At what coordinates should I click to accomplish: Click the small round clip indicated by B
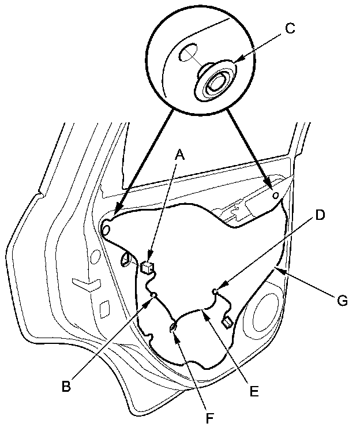click(x=153, y=296)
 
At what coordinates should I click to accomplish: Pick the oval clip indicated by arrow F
click(x=172, y=328)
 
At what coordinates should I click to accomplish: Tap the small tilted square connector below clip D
click(x=227, y=320)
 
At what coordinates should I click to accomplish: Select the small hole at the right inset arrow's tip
click(x=276, y=196)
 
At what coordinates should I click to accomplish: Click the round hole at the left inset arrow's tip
click(x=106, y=230)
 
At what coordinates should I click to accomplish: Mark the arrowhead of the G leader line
click(x=277, y=269)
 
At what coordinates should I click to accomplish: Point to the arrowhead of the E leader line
click(x=204, y=312)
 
